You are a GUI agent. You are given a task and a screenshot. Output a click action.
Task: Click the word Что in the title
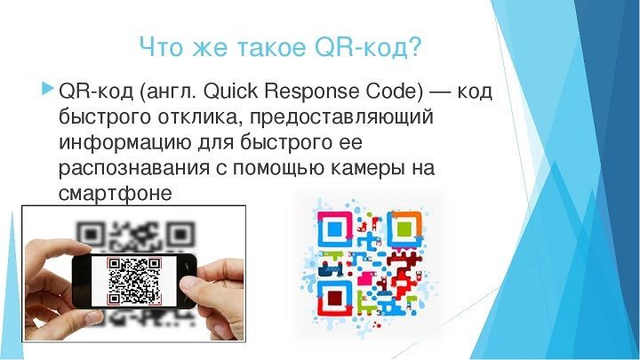160,47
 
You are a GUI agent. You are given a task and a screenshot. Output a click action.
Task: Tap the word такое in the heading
271,47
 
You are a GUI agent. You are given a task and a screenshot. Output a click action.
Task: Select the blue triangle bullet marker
48,89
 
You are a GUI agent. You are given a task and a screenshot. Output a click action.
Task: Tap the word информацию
125,143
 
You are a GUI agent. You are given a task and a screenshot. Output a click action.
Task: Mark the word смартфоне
116,194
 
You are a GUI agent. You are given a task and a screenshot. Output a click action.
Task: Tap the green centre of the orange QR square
404,228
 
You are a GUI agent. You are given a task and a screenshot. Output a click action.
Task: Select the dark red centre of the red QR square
334,298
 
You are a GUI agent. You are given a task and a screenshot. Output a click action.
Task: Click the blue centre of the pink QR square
335,228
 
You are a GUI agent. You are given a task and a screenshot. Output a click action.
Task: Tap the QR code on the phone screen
134,282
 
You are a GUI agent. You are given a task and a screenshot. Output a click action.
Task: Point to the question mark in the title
414,47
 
